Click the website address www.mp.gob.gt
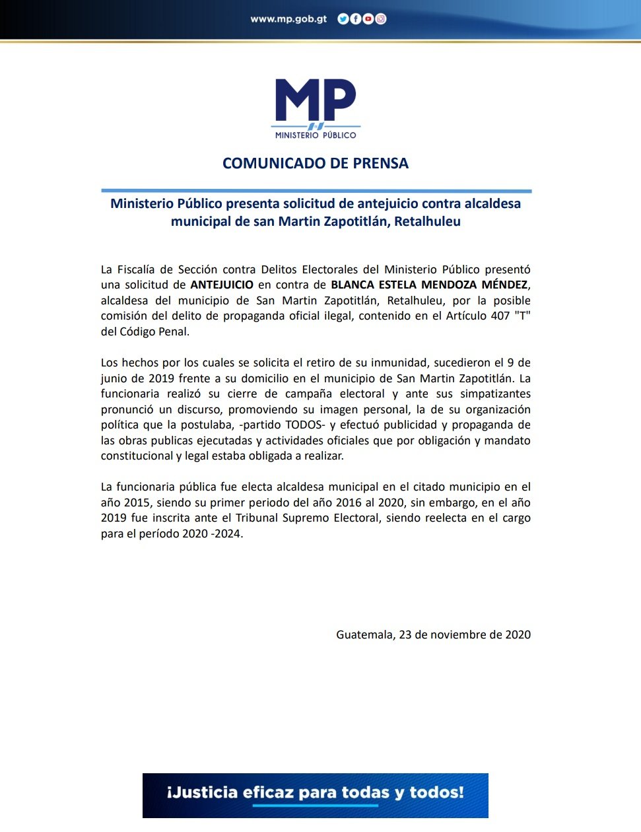pos(288,19)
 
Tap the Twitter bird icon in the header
pos(343,19)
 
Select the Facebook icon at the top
pos(355,19)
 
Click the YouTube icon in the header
pos(368,19)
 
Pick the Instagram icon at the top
pos(381,19)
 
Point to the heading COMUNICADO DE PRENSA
pos(316,163)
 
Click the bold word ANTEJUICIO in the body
pos(222,285)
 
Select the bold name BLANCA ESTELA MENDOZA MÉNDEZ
pos(429,285)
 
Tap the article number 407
pos(500,316)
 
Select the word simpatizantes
pos(495,394)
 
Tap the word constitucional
pos(137,456)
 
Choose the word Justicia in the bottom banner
pos(202,792)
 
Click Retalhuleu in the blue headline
pos(427,222)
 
